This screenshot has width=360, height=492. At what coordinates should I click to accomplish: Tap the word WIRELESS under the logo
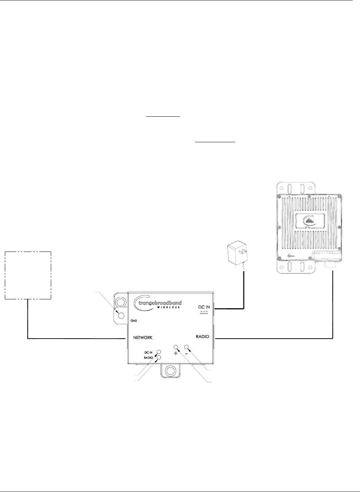[169, 307]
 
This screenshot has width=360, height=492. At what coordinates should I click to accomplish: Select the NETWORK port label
[143, 338]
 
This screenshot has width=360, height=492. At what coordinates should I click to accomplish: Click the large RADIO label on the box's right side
[202, 337]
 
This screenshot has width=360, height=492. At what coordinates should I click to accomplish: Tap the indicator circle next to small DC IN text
[159, 352]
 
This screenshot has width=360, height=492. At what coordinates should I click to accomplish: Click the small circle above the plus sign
[176, 348]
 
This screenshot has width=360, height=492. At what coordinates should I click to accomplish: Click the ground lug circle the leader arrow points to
[121, 315]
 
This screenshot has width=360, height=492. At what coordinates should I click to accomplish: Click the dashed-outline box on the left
[28, 275]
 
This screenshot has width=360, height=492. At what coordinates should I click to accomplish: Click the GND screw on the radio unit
[288, 256]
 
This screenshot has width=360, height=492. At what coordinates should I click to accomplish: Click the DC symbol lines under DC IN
[204, 313]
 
